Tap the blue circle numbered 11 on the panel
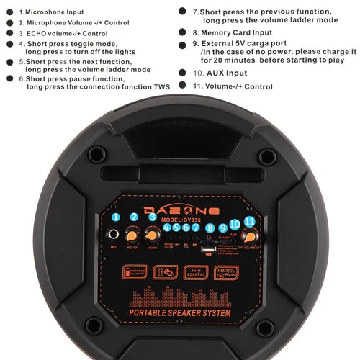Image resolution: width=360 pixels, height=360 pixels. point(249,221)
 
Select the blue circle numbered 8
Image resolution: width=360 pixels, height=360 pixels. point(210,228)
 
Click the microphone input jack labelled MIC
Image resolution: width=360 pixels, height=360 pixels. point(115,235)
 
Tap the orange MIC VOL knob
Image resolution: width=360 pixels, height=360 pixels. point(133,235)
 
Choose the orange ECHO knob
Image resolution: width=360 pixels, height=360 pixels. point(152,235)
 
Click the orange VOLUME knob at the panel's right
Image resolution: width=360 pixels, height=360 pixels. point(249,235)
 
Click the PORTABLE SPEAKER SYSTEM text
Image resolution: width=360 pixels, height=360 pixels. point(180,313)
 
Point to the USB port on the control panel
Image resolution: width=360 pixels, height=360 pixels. point(208,250)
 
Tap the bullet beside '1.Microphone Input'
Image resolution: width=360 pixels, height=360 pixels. point(11,12)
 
